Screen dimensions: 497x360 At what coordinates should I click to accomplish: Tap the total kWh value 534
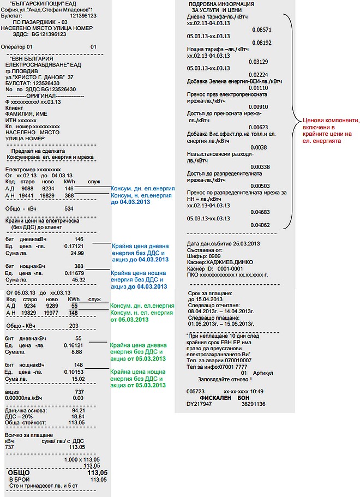coord(69,208)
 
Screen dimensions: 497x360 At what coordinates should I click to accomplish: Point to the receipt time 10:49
coord(256,392)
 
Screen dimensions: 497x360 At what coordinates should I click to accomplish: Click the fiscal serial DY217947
coord(199,404)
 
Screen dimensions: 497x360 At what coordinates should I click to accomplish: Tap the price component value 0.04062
coord(261,225)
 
